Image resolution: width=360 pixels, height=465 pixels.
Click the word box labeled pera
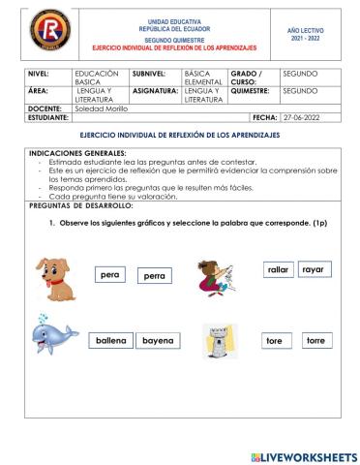[110, 275]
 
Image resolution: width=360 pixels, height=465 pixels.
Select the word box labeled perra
[154, 276]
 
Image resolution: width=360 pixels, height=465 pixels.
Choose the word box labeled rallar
[278, 270]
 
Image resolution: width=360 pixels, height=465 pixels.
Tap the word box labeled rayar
[313, 269]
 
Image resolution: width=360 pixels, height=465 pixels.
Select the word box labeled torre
[315, 341]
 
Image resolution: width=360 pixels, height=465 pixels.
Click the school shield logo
[42, 30]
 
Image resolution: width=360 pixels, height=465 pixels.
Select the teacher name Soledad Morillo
[103, 108]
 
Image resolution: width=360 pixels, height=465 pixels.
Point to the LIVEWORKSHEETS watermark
[302, 455]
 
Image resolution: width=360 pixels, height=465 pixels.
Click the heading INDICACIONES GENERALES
[77, 153]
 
